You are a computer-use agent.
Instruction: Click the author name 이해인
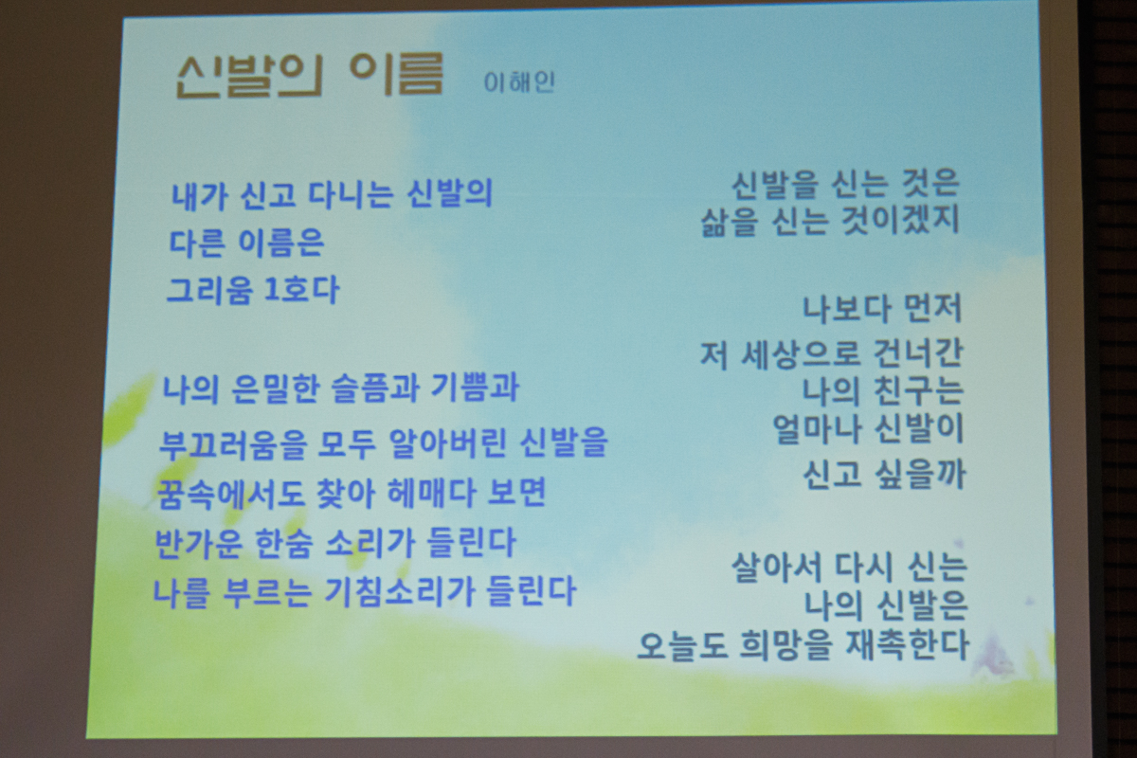(519, 82)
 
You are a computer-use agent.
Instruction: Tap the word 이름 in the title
(397, 74)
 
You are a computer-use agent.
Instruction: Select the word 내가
(199, 196)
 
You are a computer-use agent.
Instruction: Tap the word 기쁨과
(475, 388)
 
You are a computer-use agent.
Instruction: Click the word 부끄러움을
(233, 444)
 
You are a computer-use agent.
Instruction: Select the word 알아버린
(446, 442)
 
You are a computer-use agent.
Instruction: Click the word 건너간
(918, 353)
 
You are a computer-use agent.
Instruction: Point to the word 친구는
(919, 391)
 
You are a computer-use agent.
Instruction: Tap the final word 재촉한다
(908, 645)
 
